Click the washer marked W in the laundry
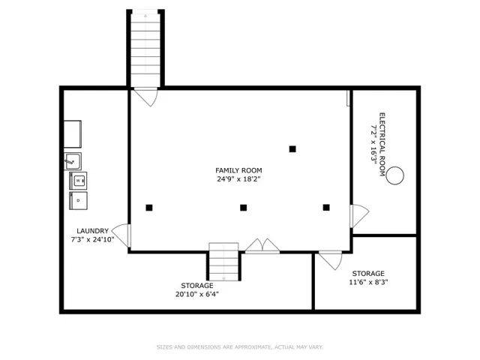pos(78,180)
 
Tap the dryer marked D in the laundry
pos(78,200)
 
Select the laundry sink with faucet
pos(73,161)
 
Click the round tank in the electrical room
pos(395,175)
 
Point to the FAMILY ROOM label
pos(238,170)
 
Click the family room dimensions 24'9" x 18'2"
pos(238,179)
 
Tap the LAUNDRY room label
pos(92,231)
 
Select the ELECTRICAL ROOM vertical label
pos(382,145)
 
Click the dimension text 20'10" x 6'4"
pos(196,295)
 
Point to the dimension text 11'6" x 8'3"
pos(368,282)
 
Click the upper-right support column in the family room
pos(292,149)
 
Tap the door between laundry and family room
pos(121,235)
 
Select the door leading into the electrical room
pos(359,216)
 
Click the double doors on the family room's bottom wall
pos(262,246)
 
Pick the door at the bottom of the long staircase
pos(146,97)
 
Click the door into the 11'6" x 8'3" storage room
pos(331,260)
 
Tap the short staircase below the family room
pos(223,262)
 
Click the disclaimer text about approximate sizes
pos(240,347)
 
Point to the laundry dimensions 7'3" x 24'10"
pos(92,239)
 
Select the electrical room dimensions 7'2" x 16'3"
pos(373,145)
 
